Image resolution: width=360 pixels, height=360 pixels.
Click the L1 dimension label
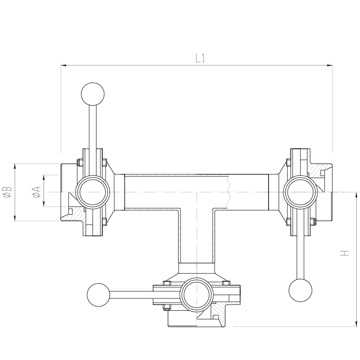pyautogui.click(x=200, y=58)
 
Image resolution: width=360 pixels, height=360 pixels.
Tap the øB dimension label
pyautogui.click(x=7, y=192)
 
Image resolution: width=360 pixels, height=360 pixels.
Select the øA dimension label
pyautogui.click(x=37, y=192)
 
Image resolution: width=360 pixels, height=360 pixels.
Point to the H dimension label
pyautogui.click(x=345, y=253)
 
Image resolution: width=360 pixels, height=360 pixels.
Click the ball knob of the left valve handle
pyautogui.click(x=93, y=94)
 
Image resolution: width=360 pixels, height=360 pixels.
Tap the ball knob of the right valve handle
pyautogui.click(x=300, y=290)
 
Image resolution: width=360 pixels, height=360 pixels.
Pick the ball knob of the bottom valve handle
pyautogui.click(x=99, y=295)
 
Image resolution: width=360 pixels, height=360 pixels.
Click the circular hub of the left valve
pyautogui.click(x=93, y=192)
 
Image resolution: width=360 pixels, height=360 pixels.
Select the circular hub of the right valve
pyautogui.click(x=300, y=192)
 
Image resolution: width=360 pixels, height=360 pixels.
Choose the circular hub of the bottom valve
pyautogui.click(x=197, y=295)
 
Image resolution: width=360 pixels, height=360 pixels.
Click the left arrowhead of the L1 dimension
pyautogui.click(x=63, y=65)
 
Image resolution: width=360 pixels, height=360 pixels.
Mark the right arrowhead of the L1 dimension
pyautogui.click(x=330, y=65)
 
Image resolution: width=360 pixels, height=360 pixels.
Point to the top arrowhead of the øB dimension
pyautogui.click(x=15, y=166)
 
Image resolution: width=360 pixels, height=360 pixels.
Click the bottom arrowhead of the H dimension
pyautogui.click(x=356, y=323)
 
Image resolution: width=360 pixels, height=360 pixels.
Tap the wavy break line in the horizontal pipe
pyautogui.click(x=228, y=192)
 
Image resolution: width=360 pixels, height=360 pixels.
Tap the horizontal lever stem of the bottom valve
pyautogui.click(x=145, y=295)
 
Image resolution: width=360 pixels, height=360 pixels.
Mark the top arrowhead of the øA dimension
pyautogui.click(x=44, y=178)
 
